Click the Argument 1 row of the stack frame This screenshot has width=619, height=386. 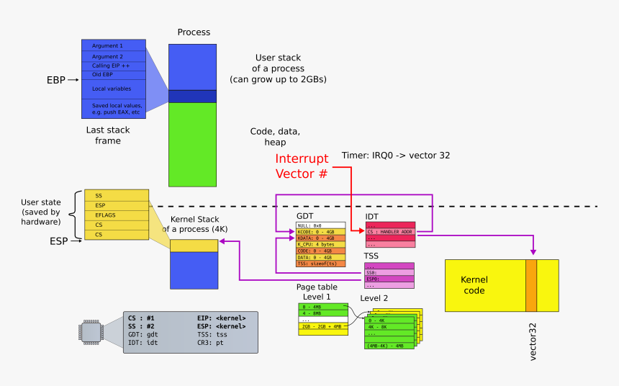114,45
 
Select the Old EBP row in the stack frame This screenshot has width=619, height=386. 114,74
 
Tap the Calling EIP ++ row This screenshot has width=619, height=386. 114,66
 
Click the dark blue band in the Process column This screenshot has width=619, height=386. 192,96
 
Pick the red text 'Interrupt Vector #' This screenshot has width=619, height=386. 302,166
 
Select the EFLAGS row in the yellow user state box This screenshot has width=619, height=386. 117,215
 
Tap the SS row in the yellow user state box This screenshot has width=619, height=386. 117,195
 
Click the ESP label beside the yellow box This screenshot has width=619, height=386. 59,241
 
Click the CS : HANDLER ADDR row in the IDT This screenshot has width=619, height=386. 391,231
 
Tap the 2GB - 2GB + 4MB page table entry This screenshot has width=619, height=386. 322,326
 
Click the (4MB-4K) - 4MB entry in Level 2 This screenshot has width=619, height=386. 389,346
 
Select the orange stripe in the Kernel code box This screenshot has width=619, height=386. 531,285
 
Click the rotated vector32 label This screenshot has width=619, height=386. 533,341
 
